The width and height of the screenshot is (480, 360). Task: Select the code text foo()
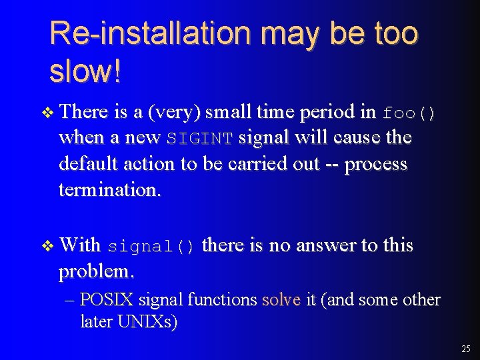(409, 113)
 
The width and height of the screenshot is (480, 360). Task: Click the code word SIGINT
(199, 139)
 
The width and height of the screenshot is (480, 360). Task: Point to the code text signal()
(151, 247)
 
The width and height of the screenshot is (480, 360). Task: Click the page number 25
(465, 349)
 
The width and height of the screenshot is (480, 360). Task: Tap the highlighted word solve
(282, 300)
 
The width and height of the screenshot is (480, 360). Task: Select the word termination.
(109, 189)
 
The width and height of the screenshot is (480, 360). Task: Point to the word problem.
(97, 271)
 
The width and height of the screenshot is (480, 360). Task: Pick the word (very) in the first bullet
(175, 113)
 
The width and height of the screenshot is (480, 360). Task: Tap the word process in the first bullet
(377, 164)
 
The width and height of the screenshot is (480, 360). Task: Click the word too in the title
(396, 33)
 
